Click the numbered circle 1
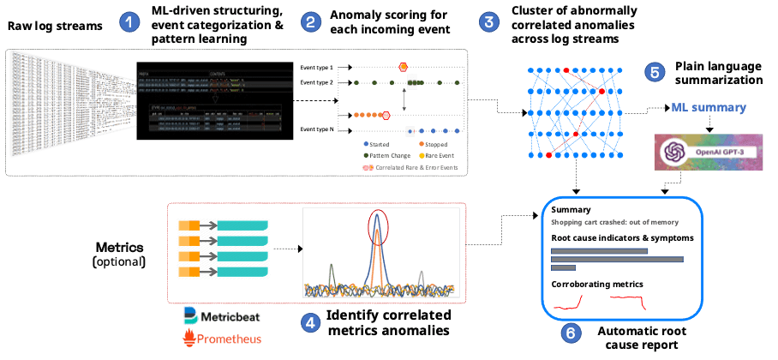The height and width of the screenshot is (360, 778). [x=129, y=22]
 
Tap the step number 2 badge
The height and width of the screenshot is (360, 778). [x=314, y=22]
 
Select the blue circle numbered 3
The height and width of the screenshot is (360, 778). [x=489, y=22]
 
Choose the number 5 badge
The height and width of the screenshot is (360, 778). [x=655, y=72]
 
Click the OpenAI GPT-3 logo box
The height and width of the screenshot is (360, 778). [x=696, y=152]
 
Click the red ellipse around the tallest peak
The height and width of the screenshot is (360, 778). [x=376, y=225]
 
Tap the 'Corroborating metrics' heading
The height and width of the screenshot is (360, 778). [x=596, y=282]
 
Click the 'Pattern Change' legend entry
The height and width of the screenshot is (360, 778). [x=386, y=156]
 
